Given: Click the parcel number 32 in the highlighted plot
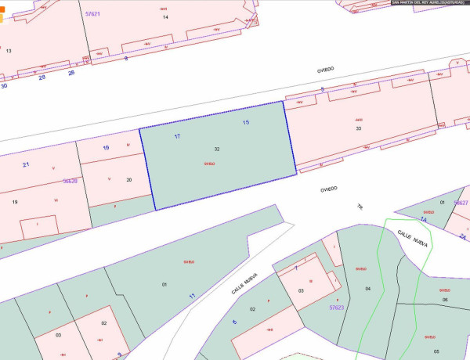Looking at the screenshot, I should coord(216,148).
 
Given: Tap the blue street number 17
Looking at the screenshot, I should coord(177,136).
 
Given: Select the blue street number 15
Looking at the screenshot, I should coord(246,122).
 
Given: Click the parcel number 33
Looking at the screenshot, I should coord(358,128).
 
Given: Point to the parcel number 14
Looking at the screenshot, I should coord(165,16).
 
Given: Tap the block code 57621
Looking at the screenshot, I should coord(92,13).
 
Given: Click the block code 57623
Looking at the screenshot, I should coord(337,308).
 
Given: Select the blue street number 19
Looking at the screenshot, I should coord(106,147).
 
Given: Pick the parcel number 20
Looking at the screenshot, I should coord(129,179).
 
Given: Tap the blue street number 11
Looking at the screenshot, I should coord(192,295).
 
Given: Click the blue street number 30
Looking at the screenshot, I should coord(4,85).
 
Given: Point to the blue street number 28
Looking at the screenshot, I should coord(42,77).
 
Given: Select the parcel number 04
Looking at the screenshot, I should coord(367,289).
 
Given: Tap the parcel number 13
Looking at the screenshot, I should coord(9,50).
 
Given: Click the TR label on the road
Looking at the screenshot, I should coord(360,207).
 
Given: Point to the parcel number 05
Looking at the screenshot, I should coord(436,351).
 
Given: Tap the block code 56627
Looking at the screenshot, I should coord(461,203).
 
